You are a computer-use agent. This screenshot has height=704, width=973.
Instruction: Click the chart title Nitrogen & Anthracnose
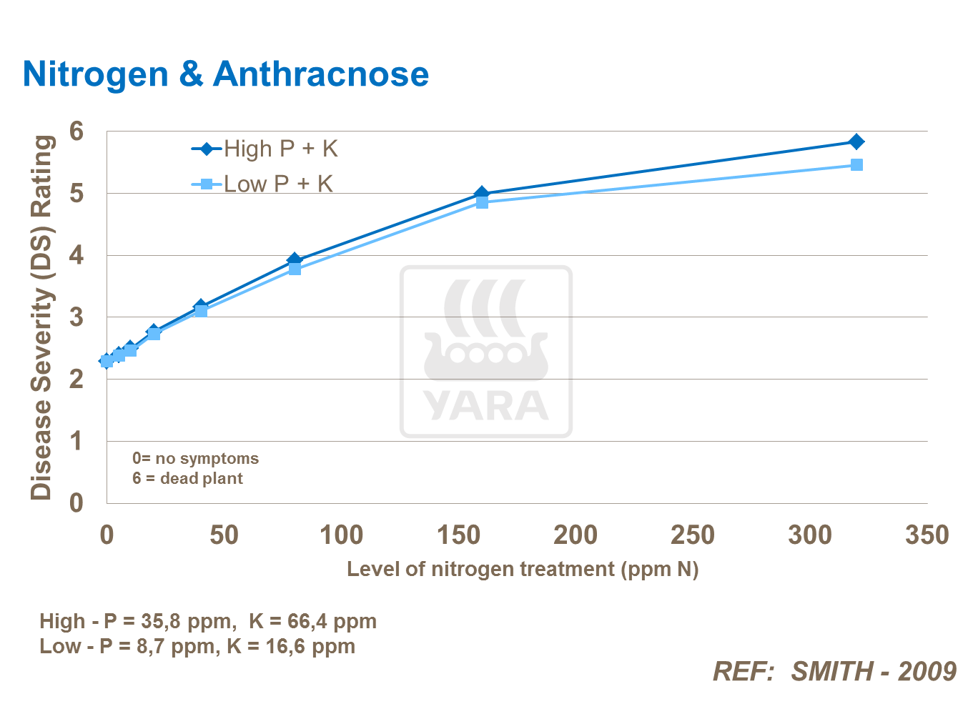(225, 74)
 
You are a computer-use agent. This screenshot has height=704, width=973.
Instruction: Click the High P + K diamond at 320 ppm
(856, 142)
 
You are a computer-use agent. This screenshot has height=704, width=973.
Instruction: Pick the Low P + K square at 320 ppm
(856, 165)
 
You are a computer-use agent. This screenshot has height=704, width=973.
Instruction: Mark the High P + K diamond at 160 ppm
(481, 193)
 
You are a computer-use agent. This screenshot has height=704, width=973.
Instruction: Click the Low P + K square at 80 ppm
(295, 269)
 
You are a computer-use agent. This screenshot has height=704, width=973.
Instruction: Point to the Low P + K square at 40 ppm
(201, 311)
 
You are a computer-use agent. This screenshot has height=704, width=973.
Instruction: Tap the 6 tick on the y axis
(76, 131)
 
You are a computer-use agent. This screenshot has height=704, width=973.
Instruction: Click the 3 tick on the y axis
(76, 317)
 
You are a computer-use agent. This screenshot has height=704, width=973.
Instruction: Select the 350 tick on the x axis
(927, 535)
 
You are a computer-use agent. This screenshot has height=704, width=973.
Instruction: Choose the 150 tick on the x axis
(458, 535)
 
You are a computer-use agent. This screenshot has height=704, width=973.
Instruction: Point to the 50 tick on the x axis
(224, 535)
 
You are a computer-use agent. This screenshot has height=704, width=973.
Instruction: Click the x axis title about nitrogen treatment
(523, 569)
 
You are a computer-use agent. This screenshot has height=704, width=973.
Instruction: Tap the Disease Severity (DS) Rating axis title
(41, 317)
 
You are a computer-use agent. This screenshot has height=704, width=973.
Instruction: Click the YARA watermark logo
(486, 352)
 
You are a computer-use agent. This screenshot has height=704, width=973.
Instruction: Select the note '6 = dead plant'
(187, 479)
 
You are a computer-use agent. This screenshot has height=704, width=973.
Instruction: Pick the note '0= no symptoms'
(195, 458)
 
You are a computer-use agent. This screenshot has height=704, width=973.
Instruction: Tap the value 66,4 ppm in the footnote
(332, 621)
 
